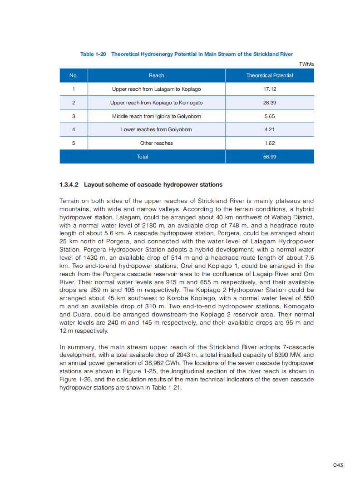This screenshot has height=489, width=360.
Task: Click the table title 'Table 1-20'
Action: [x=93, y=54]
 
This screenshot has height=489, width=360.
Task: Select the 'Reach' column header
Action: [x=156, y=75]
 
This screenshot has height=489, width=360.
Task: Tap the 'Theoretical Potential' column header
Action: [x=270, y=75]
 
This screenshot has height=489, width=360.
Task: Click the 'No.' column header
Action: [x=74, y=75]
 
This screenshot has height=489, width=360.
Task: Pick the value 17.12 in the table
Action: [x=270, y=89]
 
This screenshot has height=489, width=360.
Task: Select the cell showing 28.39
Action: [x=270, y=103]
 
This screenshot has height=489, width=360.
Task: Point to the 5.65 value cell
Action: [x=270, y=116]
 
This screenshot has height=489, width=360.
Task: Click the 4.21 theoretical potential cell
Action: [x=270, y=129]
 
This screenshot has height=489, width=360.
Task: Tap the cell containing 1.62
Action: [x=270, y=143]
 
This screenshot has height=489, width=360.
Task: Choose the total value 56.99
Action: [x=270, y=157]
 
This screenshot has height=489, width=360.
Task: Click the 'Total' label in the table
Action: [x=142, y=157]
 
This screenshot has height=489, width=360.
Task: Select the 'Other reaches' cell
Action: [x=156, y=143]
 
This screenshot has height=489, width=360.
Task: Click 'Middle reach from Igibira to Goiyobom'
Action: [x=156, y=116]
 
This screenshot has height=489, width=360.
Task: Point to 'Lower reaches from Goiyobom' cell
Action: [x=156, y=129]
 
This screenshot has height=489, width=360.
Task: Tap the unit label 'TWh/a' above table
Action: [x=306, y=64]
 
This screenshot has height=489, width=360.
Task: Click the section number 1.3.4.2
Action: [x=69, y=185]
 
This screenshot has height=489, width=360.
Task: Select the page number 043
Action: [x=337, y=464]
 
